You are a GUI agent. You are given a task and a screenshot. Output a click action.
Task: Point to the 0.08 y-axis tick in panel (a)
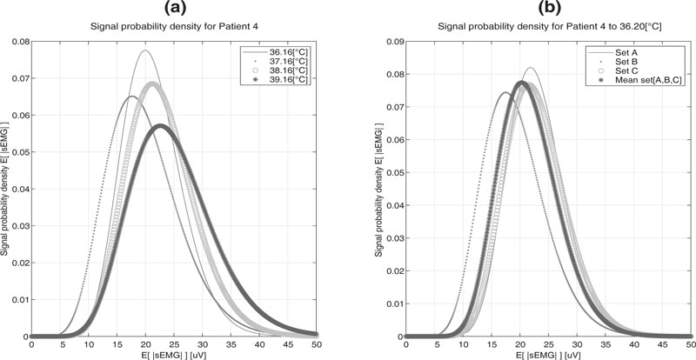(x=19, y=41)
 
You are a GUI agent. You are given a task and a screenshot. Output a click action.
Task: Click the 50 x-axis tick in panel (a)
(x=316, y=345)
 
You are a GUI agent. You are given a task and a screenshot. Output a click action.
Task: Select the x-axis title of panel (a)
(x=173, y=355)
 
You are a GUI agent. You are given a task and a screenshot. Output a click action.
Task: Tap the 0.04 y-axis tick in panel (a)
(x=19, y=189)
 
